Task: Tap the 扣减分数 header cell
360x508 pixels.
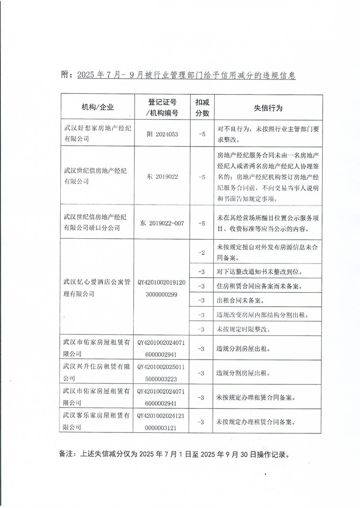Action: coord(202,107)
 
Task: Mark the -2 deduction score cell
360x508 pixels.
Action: coord(202,253)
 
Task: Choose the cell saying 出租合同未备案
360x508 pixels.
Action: coord(240,300)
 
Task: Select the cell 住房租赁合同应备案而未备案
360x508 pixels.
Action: coord(259,286)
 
